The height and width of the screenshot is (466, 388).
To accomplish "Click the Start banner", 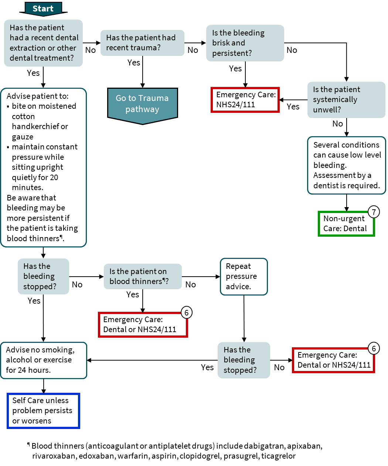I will [43, 9].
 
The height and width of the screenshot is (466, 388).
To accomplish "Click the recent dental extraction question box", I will [43, 43].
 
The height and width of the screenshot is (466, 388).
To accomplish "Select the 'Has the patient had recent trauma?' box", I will [142, 43].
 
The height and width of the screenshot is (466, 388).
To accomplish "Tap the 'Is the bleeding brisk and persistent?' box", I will [245, 43].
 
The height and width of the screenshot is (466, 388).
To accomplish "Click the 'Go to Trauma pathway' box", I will [142, 104].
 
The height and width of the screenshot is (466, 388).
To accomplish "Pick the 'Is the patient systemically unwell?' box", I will [346, 100].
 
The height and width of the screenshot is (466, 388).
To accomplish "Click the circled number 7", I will [374, 212].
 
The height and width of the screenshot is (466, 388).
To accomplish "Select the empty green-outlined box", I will [346, 224].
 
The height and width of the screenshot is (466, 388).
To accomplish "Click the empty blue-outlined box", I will [43, 411].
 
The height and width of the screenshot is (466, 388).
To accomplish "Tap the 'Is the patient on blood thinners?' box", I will [143, 276].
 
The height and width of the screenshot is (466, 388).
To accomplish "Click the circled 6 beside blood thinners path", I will [187, 313].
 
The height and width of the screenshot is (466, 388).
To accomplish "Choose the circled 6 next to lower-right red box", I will [374, 348].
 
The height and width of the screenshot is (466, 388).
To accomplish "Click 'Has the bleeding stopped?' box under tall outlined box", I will [43, 276].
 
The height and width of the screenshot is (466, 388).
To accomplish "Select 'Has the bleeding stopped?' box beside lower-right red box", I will [244, 360].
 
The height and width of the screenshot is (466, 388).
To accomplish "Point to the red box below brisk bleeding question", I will [245, 100].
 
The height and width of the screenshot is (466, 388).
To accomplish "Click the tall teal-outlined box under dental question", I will [43, 168].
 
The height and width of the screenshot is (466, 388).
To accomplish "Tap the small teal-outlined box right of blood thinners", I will [244, 277].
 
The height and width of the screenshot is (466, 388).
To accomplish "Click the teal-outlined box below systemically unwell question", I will [346, 165].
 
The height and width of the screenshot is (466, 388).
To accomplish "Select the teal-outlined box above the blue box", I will [43, 361].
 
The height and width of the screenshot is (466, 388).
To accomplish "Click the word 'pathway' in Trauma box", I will [142, 109].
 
